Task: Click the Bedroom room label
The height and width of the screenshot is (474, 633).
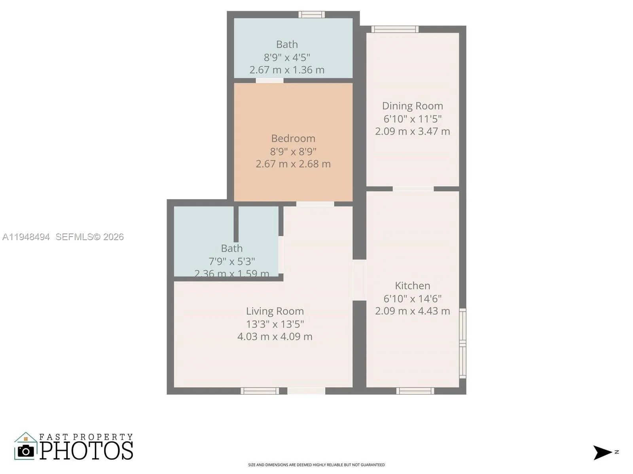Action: coord(293,139)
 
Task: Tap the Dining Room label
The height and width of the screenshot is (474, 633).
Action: coord(412,106)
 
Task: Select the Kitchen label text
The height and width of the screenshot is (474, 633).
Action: coord(412,286)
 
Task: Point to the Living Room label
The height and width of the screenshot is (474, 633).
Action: coord(275,311)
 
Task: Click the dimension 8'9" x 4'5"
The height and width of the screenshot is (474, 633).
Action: coord(287,57)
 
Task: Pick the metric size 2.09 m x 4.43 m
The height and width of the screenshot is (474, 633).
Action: coord(412,311)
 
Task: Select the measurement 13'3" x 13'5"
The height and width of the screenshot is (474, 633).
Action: coord(275,324)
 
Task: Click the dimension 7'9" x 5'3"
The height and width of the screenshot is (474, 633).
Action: coord(232,261)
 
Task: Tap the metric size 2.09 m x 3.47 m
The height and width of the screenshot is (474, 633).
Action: coord(412,132)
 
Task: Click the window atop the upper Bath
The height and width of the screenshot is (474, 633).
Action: coord(312,15)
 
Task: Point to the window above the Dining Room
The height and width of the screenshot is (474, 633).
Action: coord(395,29)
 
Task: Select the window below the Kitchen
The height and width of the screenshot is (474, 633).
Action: coord(415,391)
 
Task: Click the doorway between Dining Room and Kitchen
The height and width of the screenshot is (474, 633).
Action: coord(413,189)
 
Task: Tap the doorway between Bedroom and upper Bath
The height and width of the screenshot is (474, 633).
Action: coord(269,81)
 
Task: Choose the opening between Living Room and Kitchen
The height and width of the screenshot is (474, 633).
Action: coord(359,280)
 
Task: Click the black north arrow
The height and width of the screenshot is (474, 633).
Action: coord(602,452)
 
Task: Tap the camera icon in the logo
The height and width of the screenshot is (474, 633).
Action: coord(26,451)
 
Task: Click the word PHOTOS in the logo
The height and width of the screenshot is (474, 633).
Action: coord(87,451)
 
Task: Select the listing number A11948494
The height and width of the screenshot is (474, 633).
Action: coord(26,237)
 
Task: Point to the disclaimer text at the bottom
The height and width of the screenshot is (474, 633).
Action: coord(316,465)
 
